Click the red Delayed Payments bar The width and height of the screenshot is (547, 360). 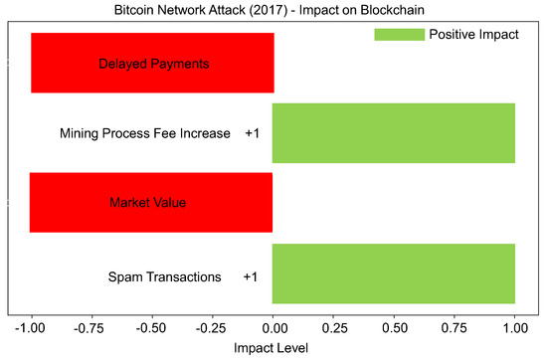click(152, 64)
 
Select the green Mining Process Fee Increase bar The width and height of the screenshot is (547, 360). click(394, 133)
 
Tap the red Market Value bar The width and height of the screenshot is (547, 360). click(151, 203)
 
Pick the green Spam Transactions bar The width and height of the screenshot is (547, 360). click(394, 273)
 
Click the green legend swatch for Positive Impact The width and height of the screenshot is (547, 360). click(398, 35)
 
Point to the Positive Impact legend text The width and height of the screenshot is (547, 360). click(473, 35)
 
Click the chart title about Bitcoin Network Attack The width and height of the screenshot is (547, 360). click(273, 10)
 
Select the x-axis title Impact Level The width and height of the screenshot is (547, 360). click(273, 348)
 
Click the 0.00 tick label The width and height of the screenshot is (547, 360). click(273, 326)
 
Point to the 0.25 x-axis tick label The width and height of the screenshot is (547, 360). click(333, 326)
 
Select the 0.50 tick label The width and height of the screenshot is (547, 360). click(394, 326)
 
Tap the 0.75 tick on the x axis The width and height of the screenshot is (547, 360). click(455, 326)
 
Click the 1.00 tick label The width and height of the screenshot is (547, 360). click(515, 326)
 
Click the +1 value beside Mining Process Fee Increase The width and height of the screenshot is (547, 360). click(252, 133)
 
